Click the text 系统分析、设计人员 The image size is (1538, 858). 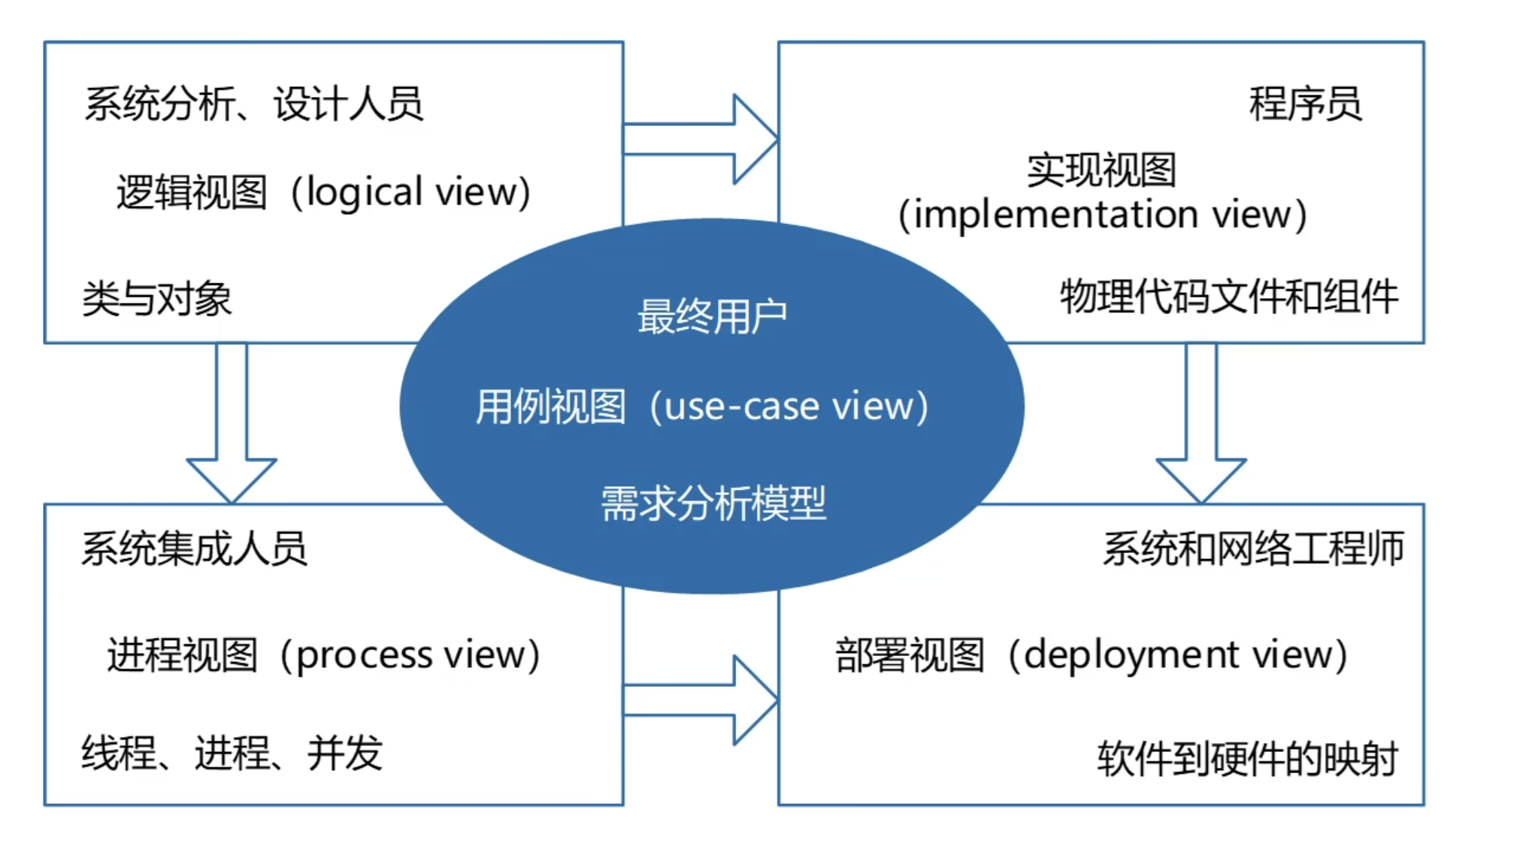pyautogui.click(x=253, y=104)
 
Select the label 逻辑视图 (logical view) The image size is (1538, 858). pyautogui.click(x=323, y=192)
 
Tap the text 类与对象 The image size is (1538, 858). pyautogui.click(x=156, y=299)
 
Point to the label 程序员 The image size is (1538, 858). pyautogui.click(x=1305, y=104)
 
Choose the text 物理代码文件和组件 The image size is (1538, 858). pyautogui.click(x=1229, y=296)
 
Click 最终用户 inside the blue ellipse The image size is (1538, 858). pyautogui.click(x=712, y=316)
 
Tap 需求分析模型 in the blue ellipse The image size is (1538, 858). pyautogui.click(x=713, y=503)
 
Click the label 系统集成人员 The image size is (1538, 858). pyautogui.click(x=194, y=548)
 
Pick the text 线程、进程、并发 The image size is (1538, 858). pyautogui.click(x=232, y=753)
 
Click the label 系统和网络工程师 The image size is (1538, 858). pyautogui.click(x=1253, y=548)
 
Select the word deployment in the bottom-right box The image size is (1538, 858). pyautogui.click(x=1131, y=655)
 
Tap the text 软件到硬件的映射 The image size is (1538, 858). pyautogui.click(x=1247, y=759)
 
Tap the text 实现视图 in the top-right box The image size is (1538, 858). pyautogui.click(x=1101, y=171)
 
